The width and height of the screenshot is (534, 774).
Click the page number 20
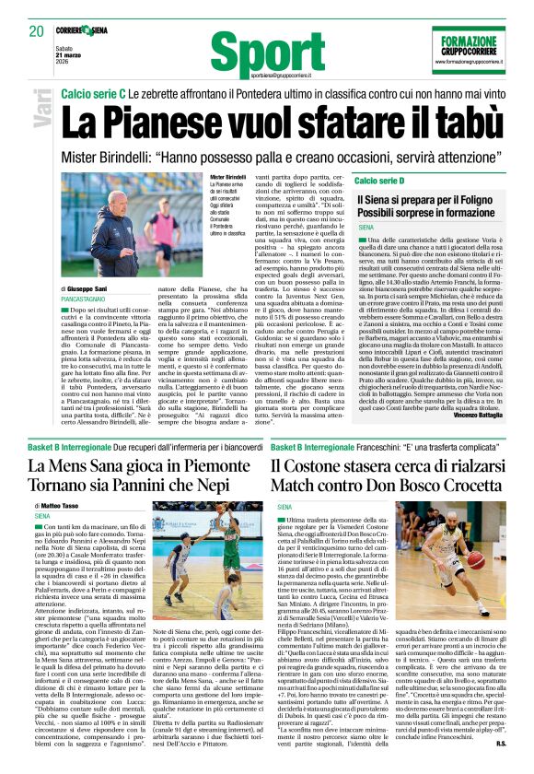click(36, 31)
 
